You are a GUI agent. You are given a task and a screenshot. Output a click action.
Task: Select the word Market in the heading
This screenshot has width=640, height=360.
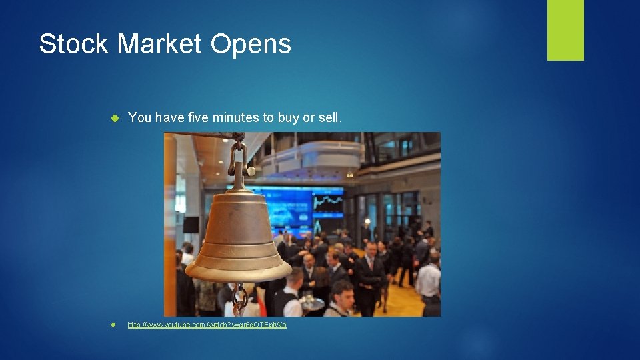coord(159,44)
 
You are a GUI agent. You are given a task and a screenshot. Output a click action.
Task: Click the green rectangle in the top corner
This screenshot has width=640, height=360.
coord(565,29)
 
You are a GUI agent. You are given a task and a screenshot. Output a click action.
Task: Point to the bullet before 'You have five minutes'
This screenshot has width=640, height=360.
coord(114,118)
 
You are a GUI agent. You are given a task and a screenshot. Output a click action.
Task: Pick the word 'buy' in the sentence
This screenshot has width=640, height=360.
coord(288,118)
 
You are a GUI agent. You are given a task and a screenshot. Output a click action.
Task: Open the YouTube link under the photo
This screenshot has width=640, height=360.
coord(207,325)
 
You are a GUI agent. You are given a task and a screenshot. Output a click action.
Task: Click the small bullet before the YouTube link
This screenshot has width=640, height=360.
coord(114,325)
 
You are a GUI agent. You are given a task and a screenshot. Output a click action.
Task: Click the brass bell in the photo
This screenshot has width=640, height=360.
coord(239,233)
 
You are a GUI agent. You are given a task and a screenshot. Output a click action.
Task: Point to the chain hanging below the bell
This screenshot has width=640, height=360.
coord(239,299)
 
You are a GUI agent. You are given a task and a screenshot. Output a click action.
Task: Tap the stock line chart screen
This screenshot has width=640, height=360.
coord(328,203)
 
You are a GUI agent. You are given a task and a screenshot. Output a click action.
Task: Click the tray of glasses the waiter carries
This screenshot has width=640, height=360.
coord(311,302)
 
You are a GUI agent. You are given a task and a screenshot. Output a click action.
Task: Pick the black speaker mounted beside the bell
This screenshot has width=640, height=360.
coord(191,225)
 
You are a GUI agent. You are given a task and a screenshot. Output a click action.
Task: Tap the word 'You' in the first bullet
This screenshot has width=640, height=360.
coord(140,117)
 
